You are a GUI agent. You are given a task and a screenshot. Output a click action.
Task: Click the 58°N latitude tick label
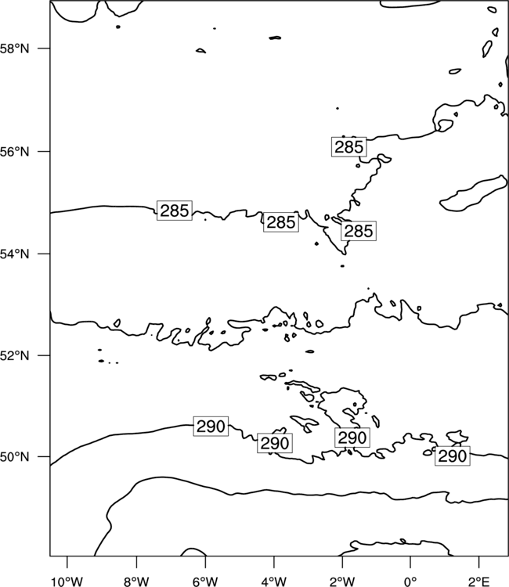14,49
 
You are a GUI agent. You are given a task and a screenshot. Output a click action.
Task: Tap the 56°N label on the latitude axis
14,152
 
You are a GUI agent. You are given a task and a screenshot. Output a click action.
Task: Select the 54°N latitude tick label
14,254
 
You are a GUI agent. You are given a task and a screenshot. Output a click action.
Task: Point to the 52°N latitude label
14,355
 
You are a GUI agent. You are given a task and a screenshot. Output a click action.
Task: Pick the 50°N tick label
14,457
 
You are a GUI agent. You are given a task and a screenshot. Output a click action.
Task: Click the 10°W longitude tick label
67,582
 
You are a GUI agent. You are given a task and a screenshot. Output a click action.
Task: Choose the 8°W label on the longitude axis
136,582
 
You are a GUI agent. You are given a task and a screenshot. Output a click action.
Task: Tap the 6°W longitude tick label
205,582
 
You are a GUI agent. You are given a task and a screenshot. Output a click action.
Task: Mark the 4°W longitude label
273,582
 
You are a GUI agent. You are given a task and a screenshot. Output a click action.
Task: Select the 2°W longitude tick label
342,582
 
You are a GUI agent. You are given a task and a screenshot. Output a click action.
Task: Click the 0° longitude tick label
410,582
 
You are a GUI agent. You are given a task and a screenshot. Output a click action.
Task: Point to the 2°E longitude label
479,582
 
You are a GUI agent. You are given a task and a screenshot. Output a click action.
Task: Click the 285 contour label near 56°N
348,147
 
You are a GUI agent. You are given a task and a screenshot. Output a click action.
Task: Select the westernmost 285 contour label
174,211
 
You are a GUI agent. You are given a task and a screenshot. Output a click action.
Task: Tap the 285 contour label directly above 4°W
281,222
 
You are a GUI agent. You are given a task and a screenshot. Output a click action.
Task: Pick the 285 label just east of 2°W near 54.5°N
359,231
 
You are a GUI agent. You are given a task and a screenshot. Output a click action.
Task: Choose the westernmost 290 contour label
211,426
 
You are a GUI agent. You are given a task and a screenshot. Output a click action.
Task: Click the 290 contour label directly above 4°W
275,443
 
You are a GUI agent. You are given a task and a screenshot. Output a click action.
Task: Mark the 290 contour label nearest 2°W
352,438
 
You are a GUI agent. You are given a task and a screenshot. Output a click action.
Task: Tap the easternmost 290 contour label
453,456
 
